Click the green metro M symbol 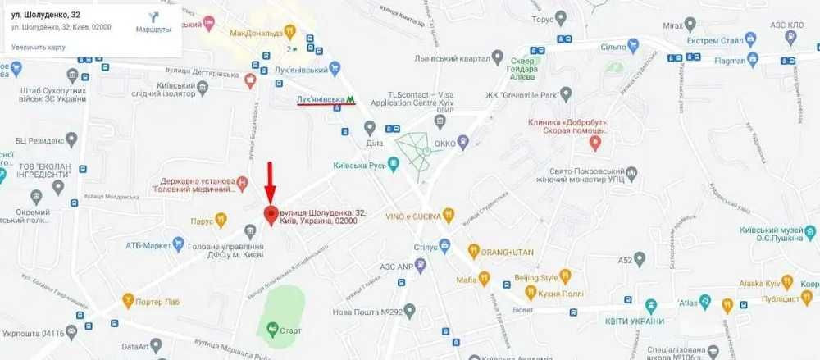[x=350, y=98]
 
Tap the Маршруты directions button [x=153, y=22]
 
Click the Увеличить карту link [x=39, y=48]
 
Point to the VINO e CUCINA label [x=419, y=216]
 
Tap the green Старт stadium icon [x=271, y=329]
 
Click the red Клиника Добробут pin [x=596, y=143]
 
